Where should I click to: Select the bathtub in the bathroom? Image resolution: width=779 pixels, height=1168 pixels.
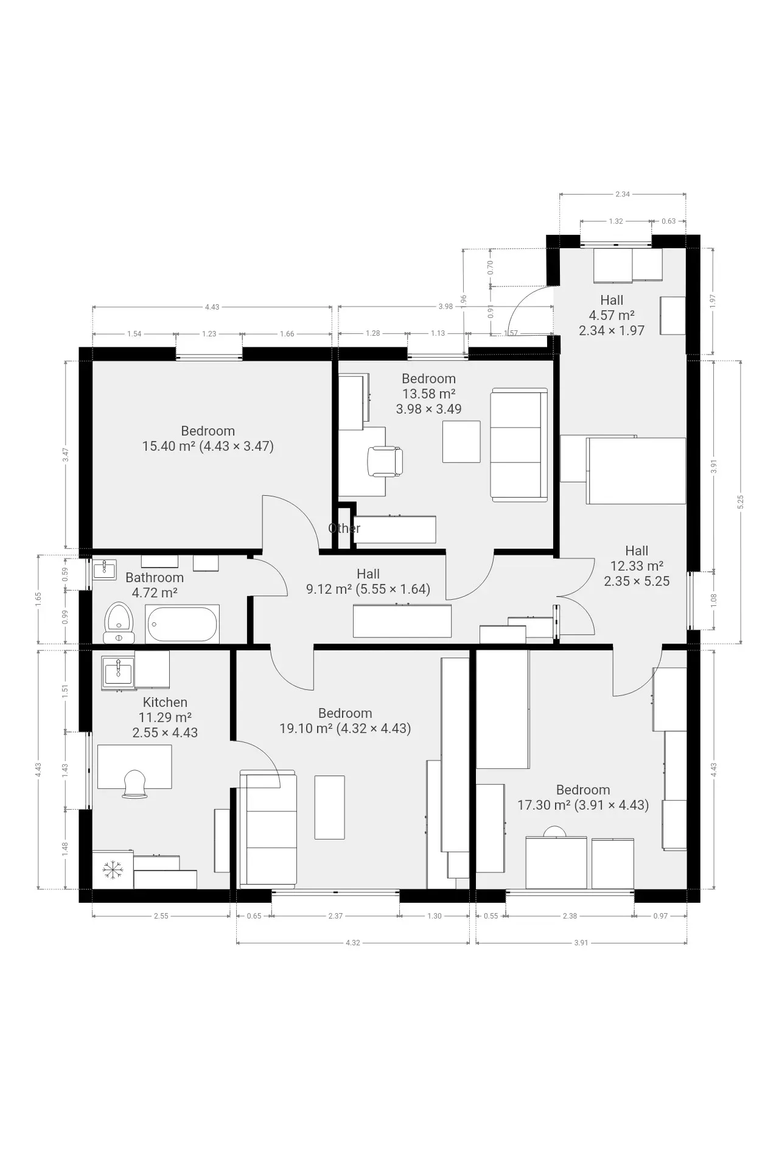pos(182,624)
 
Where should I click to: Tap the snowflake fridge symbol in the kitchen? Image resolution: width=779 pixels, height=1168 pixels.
pos(112,870)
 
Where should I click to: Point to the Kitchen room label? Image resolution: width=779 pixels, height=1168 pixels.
pos(165,702)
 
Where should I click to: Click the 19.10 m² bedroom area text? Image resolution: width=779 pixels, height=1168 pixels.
pos(345,728)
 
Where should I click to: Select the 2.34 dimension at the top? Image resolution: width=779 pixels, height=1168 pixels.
pos(623,195)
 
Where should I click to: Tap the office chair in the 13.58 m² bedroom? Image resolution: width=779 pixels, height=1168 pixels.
pos(385,461)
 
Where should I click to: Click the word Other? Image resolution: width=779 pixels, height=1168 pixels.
pos(344,528)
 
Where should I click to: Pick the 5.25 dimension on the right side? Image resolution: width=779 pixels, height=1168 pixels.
pos(741,502)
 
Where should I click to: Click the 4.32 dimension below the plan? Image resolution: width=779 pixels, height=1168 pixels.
pos(352,943)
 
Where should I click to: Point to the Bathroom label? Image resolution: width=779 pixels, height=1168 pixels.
pos(155,577)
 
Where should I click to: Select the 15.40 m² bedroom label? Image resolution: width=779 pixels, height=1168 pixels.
pos(208,446)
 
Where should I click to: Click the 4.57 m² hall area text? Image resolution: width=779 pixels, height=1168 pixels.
pos(612,315)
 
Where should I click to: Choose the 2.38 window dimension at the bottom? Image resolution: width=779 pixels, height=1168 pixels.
pos(570,916)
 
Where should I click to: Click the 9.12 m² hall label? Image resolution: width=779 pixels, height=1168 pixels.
pos(368,589)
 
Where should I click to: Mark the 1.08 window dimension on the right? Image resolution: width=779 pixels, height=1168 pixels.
pos(714,600)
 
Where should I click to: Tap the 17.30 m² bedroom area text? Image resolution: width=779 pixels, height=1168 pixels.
pos(583,805)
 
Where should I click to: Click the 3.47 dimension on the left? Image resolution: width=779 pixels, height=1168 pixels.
pos(66,454)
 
